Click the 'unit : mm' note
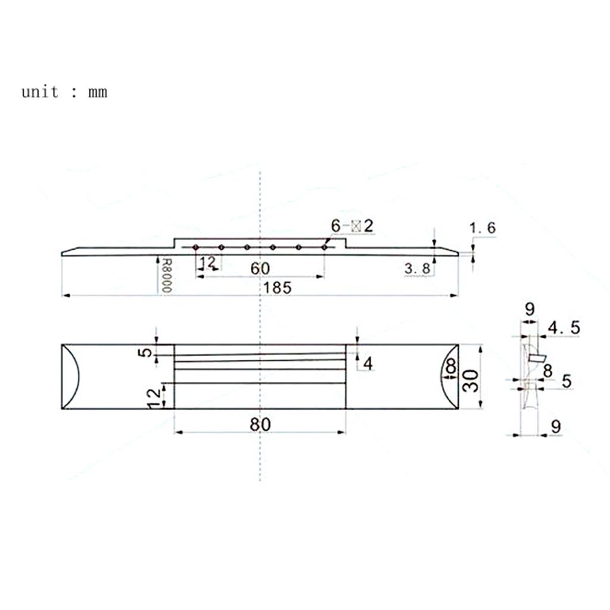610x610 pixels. (64, 92)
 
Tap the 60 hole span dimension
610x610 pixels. (260, 269)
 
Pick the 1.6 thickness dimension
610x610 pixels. (482, 228)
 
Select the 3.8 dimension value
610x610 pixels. (417, 269)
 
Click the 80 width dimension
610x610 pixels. (260, 424)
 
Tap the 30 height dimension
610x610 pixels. (471, 377)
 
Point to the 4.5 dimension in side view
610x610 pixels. (564, 328)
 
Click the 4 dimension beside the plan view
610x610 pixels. (368, 363)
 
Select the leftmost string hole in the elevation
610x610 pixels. (195, 247)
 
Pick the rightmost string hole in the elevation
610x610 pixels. (324, 247)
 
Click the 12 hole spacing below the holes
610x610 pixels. (207, 262)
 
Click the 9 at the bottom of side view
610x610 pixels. (555, 427)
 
